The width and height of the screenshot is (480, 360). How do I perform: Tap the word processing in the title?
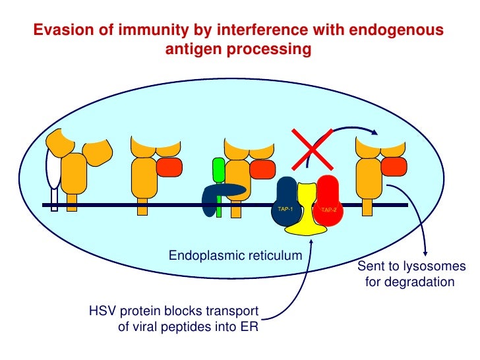[x=274, y=49]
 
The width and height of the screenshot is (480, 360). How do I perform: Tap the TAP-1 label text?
[x=285, y=209]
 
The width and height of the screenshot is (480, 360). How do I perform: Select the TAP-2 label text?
[x=328, y=210]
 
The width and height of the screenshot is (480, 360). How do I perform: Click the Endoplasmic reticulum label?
[x=235, y=255]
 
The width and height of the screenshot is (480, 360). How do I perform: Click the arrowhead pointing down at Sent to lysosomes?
[x=428, y=255]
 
